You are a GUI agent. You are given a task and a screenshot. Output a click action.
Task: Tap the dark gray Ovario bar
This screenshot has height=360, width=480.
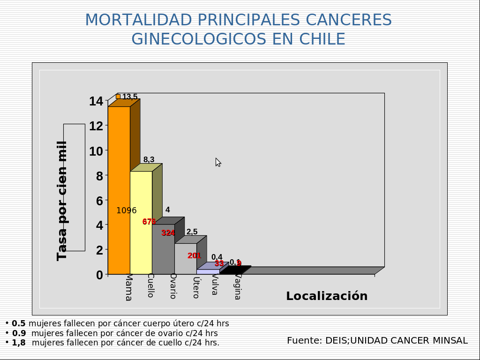[163, 253]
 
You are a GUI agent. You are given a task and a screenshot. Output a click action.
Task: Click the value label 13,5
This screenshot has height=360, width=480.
[130, 97]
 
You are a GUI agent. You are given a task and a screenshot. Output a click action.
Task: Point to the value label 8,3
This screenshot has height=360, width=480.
[149, 160]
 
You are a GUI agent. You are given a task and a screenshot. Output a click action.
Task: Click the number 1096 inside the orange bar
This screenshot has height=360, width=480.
[127, 210]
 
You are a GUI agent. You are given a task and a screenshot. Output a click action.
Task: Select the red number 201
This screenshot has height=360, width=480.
[194, 255]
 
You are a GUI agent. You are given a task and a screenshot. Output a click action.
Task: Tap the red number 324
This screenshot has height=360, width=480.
[168, 232]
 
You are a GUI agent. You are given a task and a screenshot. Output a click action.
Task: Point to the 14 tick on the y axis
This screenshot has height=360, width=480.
[96, 101]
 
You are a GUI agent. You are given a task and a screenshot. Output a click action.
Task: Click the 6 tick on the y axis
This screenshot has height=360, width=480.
[99, 201]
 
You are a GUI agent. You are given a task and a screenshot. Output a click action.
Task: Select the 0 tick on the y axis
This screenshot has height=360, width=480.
[99, 275]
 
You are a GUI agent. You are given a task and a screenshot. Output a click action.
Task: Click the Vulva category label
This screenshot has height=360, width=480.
[214, 285]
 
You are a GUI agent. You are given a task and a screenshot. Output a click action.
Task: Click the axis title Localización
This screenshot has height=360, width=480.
[327, 296]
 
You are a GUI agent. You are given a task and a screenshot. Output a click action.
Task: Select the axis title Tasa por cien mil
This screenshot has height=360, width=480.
[62, 201]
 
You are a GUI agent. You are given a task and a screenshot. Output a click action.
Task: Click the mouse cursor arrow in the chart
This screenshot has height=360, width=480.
[218, 162]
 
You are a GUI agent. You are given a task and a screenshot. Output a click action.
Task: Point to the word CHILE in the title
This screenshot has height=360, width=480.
[322, 39]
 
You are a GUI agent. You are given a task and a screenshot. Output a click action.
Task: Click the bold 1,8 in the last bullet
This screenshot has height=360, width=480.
[19, 343]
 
